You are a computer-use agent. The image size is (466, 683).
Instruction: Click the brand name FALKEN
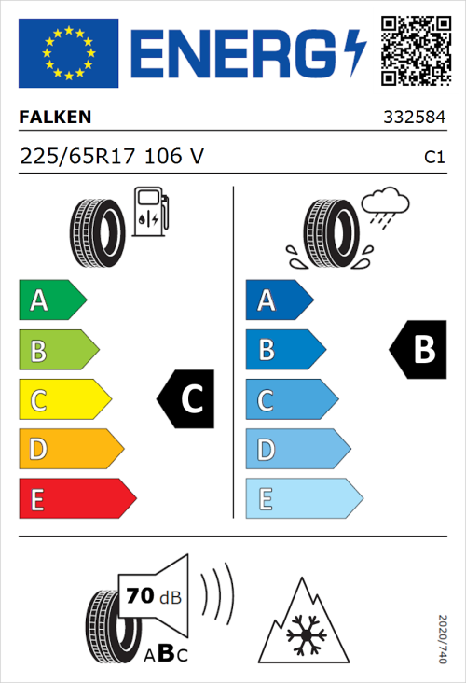[56, 118]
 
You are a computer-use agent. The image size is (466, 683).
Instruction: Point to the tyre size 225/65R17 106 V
[112, 158]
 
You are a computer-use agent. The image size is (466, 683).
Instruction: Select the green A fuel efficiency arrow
[51, 300]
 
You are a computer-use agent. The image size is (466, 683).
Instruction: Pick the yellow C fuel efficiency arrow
[63, 400]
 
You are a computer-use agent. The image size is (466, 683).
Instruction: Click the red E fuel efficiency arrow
[76, 499]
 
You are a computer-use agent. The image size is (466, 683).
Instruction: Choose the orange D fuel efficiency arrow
[70, 450]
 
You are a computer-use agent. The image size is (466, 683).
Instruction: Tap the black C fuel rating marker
[187, 399]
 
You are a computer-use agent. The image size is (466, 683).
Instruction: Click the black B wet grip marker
[416, 350]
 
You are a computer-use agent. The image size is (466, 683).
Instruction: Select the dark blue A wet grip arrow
[279, 300]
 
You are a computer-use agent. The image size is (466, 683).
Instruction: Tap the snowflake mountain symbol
[301, 622]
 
